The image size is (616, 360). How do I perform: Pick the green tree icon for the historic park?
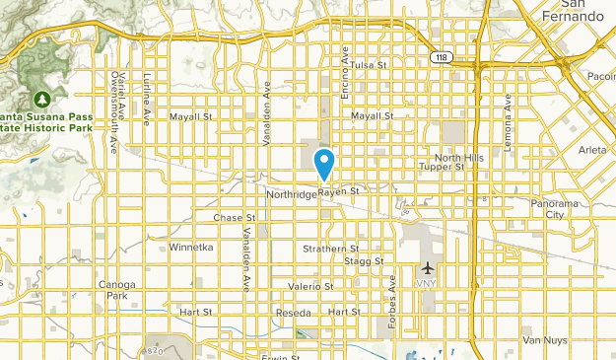click(x=42, y=99)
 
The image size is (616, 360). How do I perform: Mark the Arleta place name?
click(x=593, y=151)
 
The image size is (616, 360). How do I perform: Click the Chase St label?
click(x=235, y=217)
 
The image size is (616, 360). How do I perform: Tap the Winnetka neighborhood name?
click(x=190, y=247)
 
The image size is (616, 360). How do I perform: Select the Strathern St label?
click(x=330, y=250)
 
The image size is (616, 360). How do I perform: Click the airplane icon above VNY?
click(x=427, y=267)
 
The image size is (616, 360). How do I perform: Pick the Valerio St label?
click(x=311, y=286)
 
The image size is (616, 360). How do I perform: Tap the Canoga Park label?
click(x=116, y=290)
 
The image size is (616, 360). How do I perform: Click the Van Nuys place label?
click(x=544, y=340)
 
